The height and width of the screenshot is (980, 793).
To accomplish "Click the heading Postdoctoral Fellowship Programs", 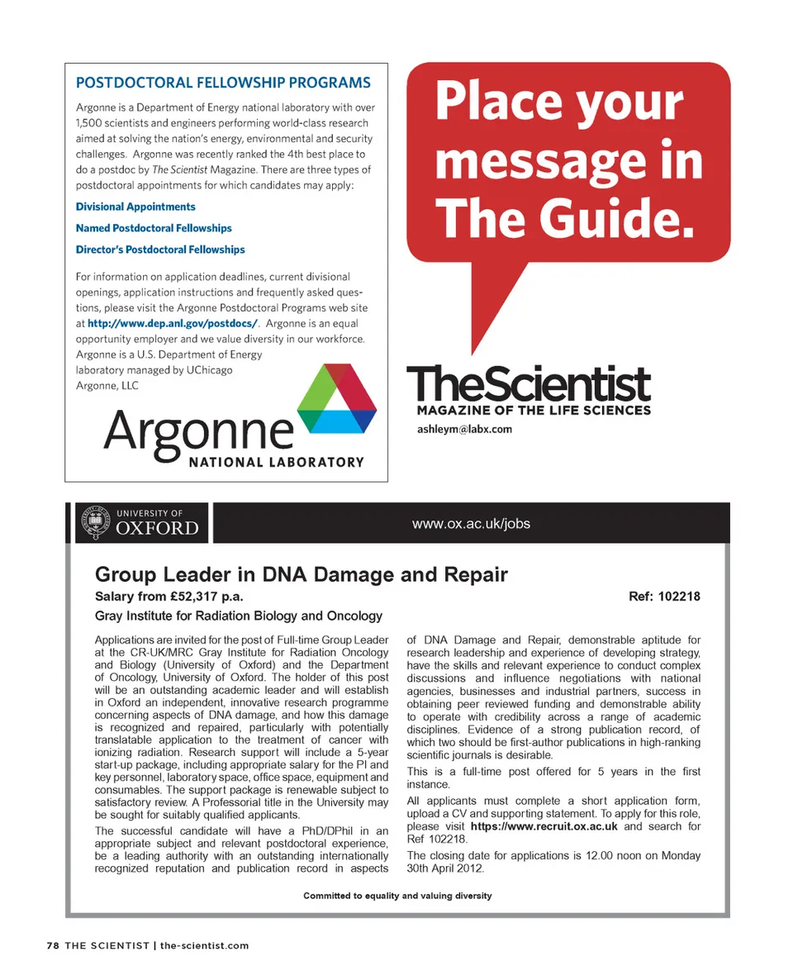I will (x=223, y=83).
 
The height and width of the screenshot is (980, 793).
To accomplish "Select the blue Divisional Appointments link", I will (x=135, y=207).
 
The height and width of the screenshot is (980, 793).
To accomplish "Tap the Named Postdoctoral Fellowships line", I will (x=154, y=228).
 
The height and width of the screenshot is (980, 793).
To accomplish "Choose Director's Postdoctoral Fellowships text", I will (x=160, y=250).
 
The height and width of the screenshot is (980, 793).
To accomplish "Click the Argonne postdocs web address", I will (x=173, y=323).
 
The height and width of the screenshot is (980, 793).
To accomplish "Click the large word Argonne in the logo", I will (x=198, y=430).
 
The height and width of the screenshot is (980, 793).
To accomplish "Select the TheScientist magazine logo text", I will (x=529, y=385).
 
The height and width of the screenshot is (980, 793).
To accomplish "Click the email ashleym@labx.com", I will (x=465, y=429).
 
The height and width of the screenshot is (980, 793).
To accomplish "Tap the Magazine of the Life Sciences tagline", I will (x=534, y=411).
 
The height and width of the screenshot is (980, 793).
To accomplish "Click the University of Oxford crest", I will (x=93, y=522).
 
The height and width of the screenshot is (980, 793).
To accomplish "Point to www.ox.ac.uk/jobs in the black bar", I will (x=471, y=523).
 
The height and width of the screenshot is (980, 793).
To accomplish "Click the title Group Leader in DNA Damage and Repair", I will (x=302, y=574).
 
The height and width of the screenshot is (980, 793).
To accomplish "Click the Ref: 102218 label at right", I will (x=664, y=597).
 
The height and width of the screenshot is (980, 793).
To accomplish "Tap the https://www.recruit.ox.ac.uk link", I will (x=544, y=825).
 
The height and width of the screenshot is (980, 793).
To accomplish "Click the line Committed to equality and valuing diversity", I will (x=397, y=896).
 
